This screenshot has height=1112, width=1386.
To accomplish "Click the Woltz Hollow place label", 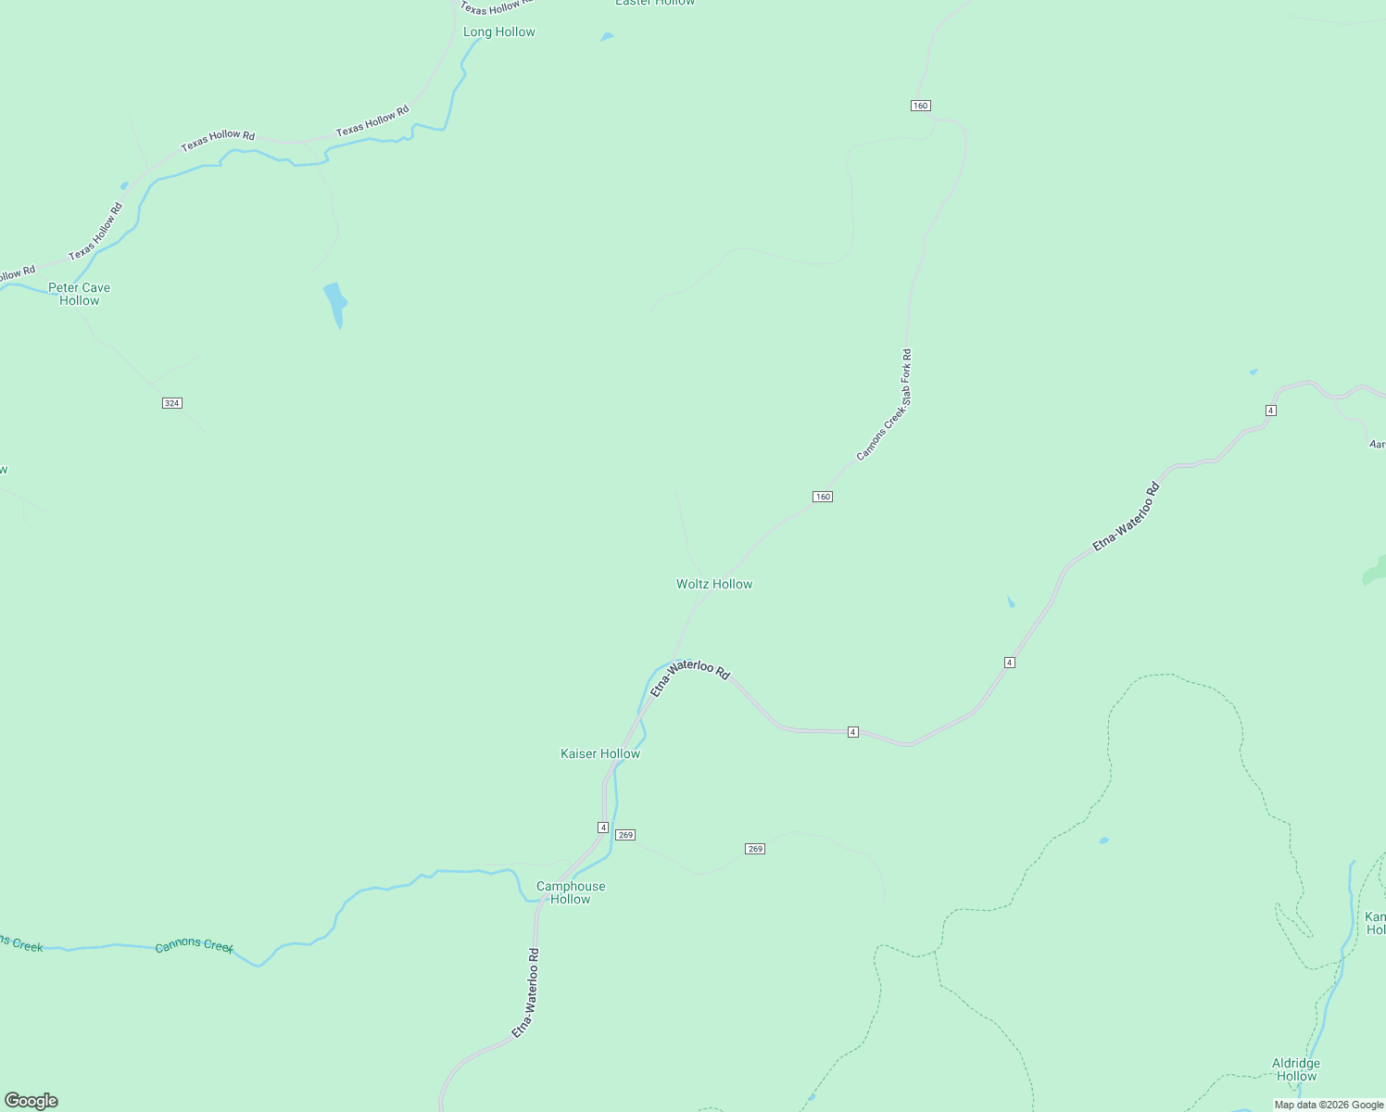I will click(x=714, y=584).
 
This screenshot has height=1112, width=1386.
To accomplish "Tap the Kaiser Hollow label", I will click(x=600, y=753).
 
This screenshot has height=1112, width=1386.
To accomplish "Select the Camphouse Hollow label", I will click(x=571, y=892).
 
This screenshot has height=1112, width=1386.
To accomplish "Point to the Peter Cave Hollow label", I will click(x=80, y=294).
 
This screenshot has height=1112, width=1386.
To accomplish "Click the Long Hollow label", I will click(x=499, y=32).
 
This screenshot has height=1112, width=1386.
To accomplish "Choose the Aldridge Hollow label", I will click(x=1296, y=1069).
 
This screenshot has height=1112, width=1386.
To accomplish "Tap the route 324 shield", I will click(x=171, y=403).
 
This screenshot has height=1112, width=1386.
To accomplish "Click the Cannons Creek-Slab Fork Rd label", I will click(x=884, y=405).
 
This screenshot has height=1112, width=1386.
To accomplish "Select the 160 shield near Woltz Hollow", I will click(x=823, y=497).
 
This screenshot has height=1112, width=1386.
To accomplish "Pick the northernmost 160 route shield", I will click(x=920, y=106).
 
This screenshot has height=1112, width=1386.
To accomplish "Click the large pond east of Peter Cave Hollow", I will click(x=335, y=303).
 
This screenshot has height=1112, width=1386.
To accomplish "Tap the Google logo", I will click(x=31, y=1101).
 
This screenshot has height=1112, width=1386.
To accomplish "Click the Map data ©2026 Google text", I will click(x=1329, y=1105).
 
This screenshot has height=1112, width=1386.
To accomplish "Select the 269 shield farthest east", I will click(x=755, y=849).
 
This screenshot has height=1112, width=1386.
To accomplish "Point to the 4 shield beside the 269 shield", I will click(x=603, y=827).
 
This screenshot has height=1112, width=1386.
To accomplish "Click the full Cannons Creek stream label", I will click(x=195, y=945).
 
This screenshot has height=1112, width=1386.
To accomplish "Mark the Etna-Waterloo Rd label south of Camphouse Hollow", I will click(x=525, y=992).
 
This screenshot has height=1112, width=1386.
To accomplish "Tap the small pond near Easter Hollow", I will click(x=607, y=37).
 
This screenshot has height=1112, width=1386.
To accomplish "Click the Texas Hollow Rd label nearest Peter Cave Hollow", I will click(x=95, y=232).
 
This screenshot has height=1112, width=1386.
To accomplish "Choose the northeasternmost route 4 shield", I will click(x=1271, y=410).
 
